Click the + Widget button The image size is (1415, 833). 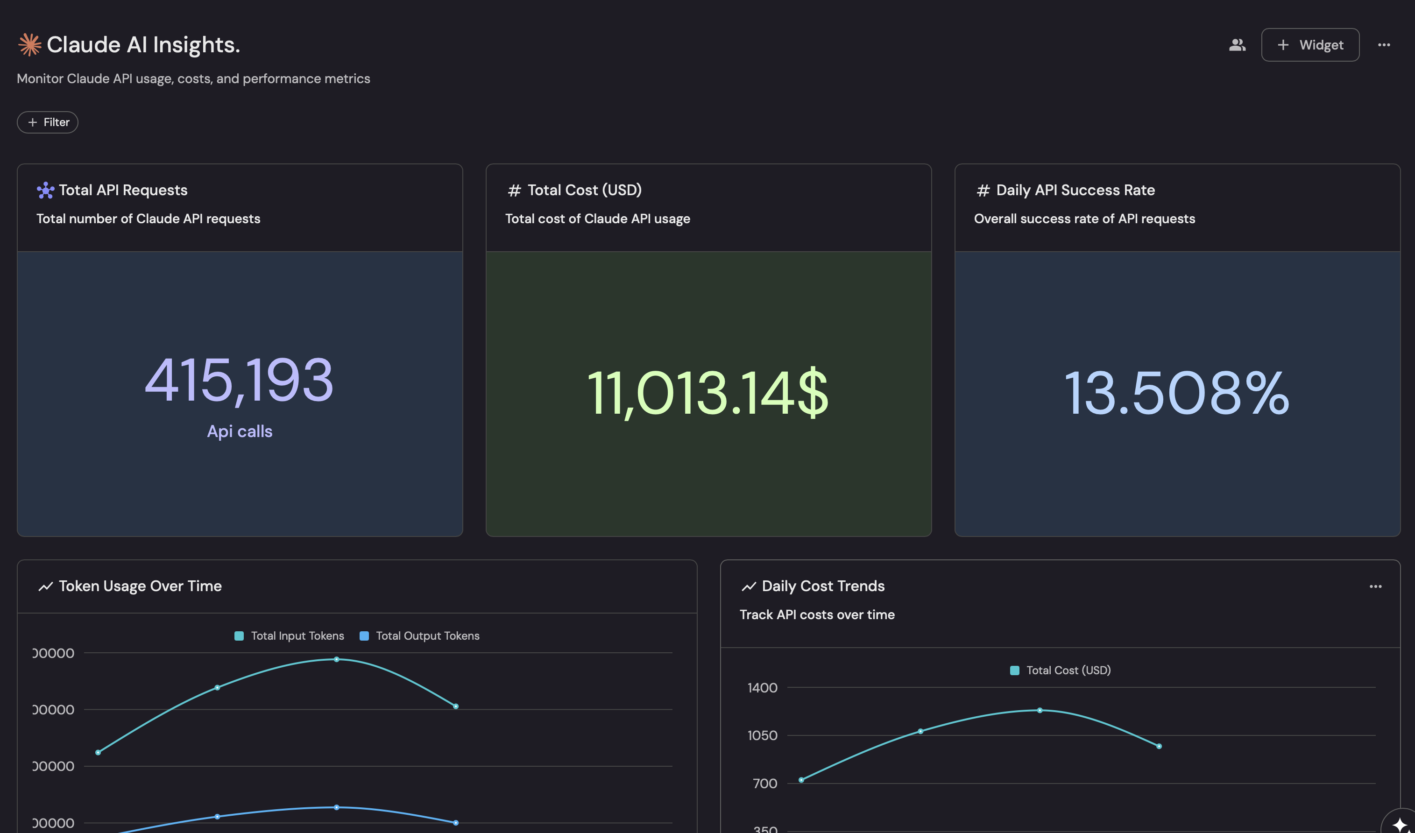coord(1309,45)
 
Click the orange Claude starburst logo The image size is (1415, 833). coord(30,45)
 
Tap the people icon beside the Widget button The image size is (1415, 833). coord(1237,45)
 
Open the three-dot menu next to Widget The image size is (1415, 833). coord(1384,45)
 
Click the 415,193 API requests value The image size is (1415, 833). coord(239,381)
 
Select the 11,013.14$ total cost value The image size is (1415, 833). coord(707,394)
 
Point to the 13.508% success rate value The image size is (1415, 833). coord(1176,394)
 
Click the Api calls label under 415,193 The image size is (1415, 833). coord(240,431)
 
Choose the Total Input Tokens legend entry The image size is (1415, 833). coord(289,636)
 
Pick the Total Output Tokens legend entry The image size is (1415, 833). coord(419,636)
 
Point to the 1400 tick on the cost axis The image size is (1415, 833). coord(762,688)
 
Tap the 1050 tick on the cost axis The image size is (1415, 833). coord(762,735)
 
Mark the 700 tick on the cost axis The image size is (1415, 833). coord(765,784)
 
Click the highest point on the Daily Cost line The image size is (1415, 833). coord(1040,711)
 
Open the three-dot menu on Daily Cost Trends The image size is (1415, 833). coord(1375,586)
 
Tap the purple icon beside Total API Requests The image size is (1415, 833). coord(45,191)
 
